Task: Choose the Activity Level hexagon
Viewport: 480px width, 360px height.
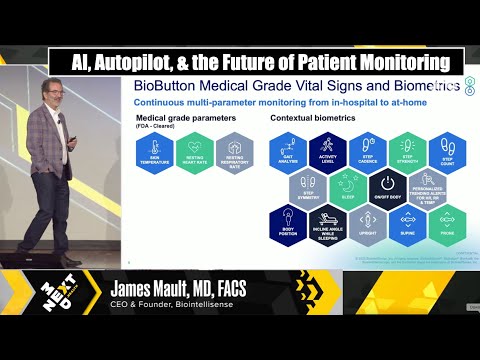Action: (x=327, y=151)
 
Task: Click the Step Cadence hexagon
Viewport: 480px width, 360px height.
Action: (x=366, y=151)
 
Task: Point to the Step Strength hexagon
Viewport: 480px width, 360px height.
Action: (x=405, y=151)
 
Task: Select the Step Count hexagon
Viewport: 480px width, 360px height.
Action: (x=445, y=151)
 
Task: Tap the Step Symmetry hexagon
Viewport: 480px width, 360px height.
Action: (x=308, y=185)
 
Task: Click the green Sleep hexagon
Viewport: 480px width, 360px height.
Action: (x=347, y=185)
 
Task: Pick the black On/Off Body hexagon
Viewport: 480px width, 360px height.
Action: (x=386, y=185)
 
